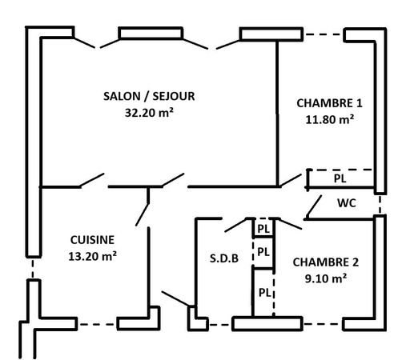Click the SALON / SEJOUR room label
(x=149, y=96)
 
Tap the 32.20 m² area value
(x=149, y=113)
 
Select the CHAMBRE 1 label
(x=329, y=103)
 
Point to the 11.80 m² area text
(x=330, y=119)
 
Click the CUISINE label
(x=92, y=240)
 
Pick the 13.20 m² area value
(x=92, y=256)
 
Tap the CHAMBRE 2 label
(x=326, y=262)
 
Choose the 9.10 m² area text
(x=326, y=278)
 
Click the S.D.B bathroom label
(x=224, y=258)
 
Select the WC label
(x=347, y=203)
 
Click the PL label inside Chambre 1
(x=340, y=178)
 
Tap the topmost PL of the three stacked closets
(x=263, y=229)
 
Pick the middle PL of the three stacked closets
(x=263, y=252)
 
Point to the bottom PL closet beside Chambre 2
(x=264, y=293)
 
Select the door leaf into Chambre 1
(x=290, y=180)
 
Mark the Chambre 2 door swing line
(x=290, y=223)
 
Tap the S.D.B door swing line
(x=236, y=225)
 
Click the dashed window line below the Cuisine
(x=97, y=325)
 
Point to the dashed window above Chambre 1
(x=324, y=34)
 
